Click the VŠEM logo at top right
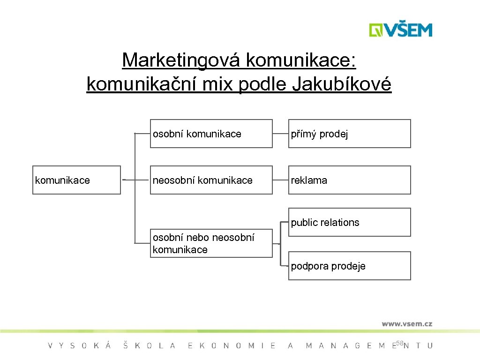coord(400,30)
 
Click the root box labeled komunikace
coord(76,180)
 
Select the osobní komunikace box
coord(211,134)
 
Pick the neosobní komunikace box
coord(211,180)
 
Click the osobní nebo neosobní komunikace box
coord(211,243)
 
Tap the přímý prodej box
coord(349,134)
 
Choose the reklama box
coord(349,180)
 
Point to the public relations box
coord(349,222)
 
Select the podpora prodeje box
coord(349,266)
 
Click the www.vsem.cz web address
coord(406,323)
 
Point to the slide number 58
coord(399,344)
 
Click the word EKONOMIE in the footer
coord(232,346)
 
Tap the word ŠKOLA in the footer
coord(149,346)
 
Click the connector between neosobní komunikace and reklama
coord(280,180)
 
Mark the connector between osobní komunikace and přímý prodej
coord(280,134)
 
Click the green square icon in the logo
coord(375,30)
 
